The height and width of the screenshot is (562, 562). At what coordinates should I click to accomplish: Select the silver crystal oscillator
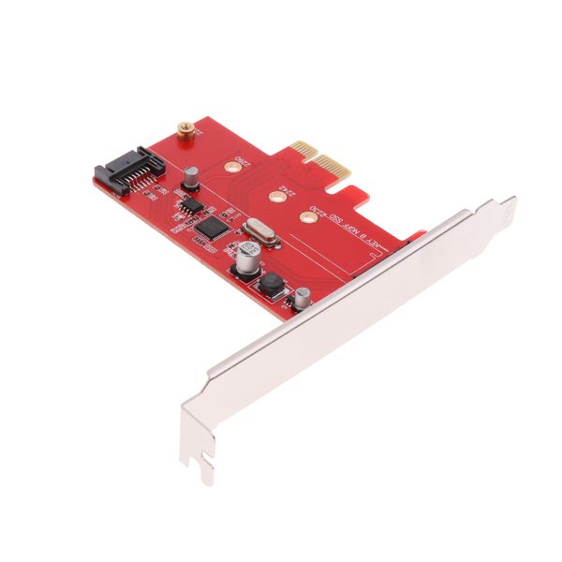pos(259,233)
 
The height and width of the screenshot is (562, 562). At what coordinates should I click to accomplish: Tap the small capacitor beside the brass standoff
pos(189,175)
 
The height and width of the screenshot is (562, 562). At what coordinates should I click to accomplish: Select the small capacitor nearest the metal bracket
pos(303,299)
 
